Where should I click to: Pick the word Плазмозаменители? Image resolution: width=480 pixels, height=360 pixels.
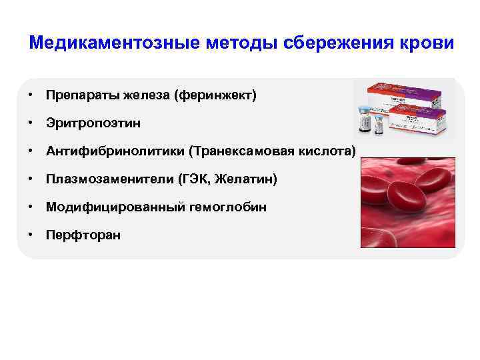click(x=107, y=179)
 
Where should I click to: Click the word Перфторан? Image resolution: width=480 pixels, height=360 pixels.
click(x=83, y=235)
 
